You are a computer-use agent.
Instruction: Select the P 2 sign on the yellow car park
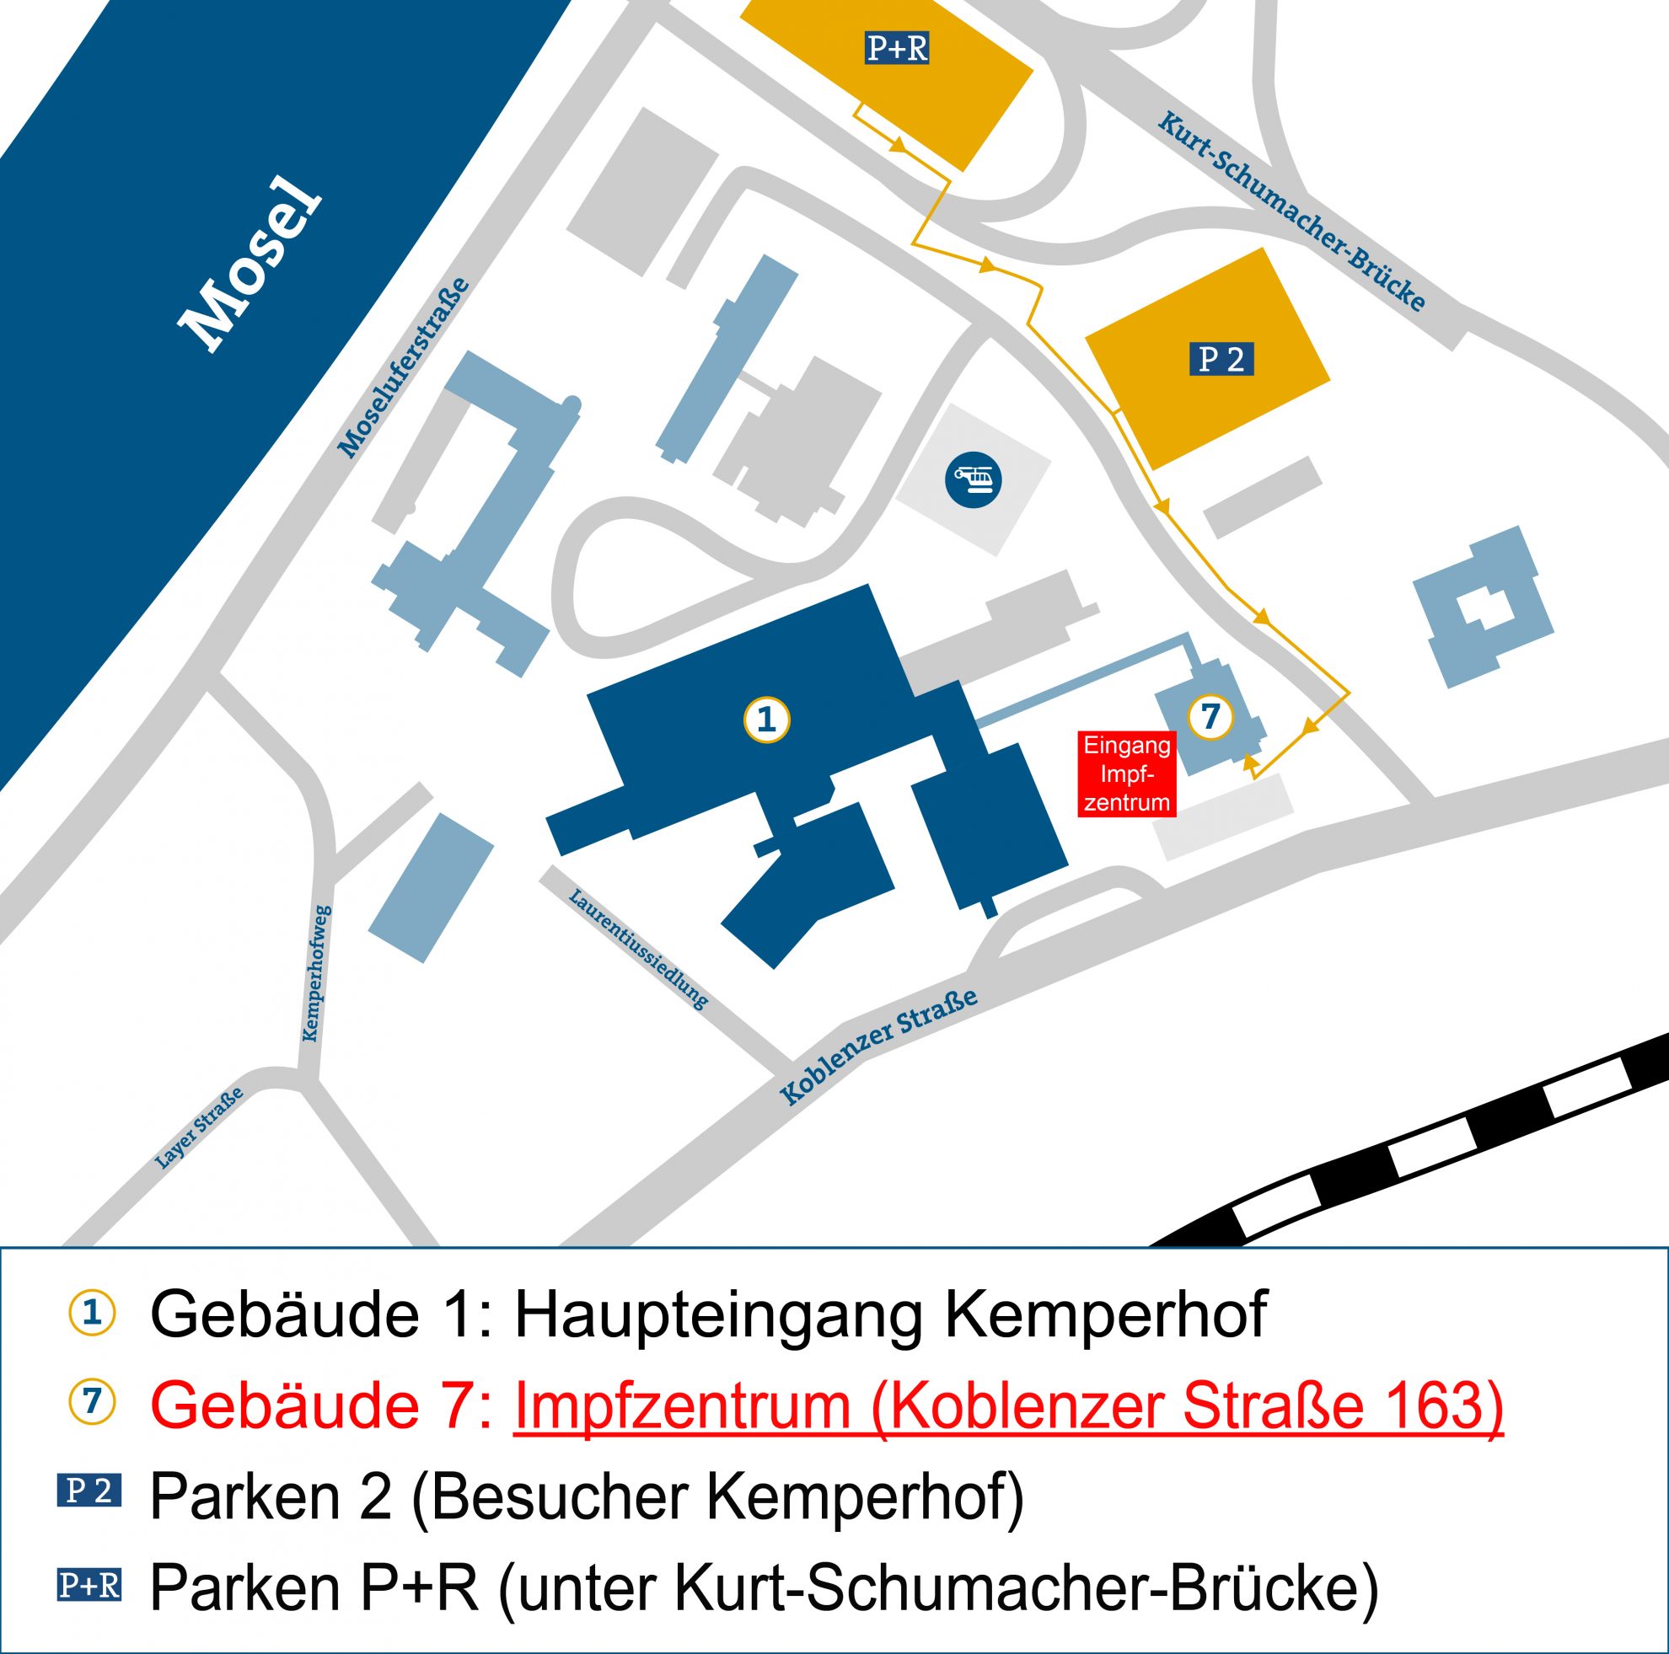point(1221,358)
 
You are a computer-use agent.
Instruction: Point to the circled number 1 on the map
point(767,719)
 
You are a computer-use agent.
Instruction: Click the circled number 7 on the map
point(1210,716)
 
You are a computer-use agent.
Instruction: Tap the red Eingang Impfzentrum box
point(1126,773)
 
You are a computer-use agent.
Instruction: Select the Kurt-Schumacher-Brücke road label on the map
point(1291,211)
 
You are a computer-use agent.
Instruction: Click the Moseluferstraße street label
point(404,367)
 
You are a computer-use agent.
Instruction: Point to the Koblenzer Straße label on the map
point(878,1046)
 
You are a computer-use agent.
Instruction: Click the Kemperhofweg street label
point(317,973)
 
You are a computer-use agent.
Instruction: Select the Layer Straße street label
point(199,1128)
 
